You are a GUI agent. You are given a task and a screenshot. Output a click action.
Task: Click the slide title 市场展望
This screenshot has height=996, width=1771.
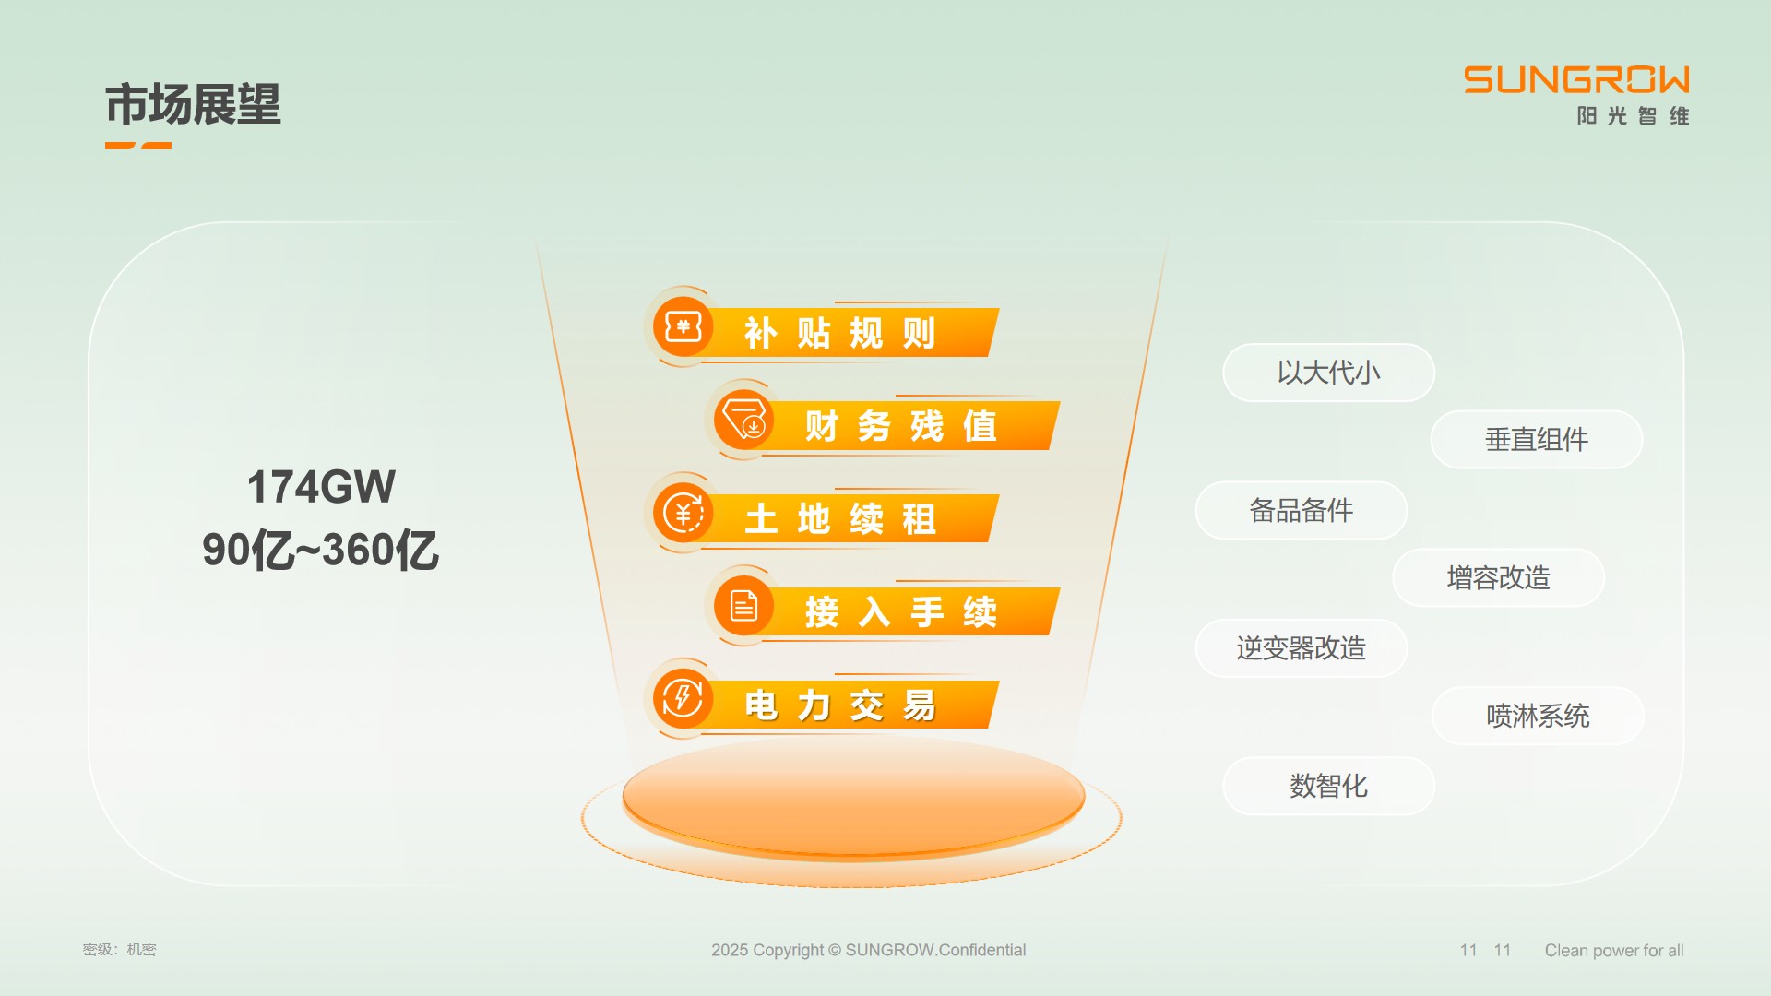point(193,104)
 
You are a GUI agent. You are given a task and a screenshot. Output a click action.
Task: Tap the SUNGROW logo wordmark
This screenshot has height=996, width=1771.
point(1576,80)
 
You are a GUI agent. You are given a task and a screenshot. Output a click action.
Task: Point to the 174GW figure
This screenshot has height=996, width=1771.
point(321,487)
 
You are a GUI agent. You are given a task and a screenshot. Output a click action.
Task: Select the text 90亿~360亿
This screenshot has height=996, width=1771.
point(320,550)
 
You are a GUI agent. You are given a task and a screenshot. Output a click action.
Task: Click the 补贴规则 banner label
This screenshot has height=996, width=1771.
point(840,333)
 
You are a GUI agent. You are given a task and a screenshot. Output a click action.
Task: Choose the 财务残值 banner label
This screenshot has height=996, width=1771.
point(901,426)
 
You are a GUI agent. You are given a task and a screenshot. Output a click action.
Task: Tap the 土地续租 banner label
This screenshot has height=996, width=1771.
point(840,519)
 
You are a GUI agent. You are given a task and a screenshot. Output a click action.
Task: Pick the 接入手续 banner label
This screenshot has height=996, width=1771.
point(901,612)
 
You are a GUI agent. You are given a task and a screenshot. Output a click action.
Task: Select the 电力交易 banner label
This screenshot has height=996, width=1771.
point(840,705)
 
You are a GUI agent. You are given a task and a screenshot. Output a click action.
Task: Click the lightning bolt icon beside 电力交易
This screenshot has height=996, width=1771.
point(683,698)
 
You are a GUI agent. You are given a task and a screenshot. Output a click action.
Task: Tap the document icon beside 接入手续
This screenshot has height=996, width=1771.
point(743,606)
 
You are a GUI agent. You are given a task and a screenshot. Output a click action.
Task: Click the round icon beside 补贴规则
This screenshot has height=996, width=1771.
point(683,326)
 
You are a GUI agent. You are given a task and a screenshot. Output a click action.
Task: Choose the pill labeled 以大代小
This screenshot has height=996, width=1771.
point(1328,373)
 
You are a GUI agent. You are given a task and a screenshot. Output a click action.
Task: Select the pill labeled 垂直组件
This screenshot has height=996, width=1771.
point(1537,440)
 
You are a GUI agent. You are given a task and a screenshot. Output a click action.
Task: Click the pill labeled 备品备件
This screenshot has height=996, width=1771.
point(1302,510)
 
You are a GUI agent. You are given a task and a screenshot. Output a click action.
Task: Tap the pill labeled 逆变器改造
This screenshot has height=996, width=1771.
point(1302,648)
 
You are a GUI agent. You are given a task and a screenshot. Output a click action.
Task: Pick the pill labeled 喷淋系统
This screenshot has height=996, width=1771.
point(1538,716)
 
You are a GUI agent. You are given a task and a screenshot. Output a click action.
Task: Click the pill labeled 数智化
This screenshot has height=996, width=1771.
point(1328,786)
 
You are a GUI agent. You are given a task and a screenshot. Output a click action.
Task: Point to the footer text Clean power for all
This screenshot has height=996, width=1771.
point(1614,951)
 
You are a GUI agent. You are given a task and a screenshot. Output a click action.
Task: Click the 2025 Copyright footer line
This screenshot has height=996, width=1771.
point(868,950)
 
